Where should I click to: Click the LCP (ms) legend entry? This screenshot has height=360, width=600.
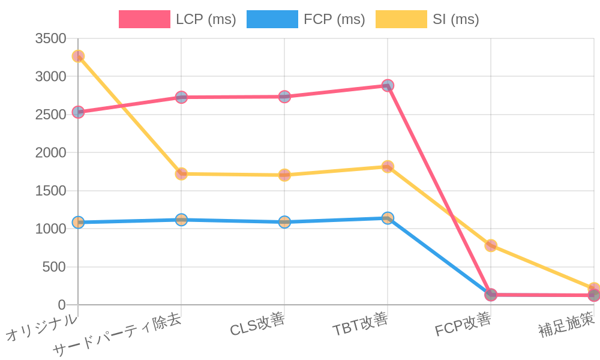[x=178, y=19]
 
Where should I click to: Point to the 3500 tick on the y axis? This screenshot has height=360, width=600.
[x=50, y=39]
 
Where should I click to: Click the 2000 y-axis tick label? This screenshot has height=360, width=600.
[x=50, y=153]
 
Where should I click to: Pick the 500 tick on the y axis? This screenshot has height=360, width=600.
[x=54, y=267]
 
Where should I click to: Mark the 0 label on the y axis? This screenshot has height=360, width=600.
[x=61, y=305]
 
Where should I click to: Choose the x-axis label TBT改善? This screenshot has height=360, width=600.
[x=360, y=325]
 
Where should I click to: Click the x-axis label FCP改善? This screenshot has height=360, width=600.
[x=463, y=325]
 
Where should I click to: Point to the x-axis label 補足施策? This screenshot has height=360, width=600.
[x=566, y=325]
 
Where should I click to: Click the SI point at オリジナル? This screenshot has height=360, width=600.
[x=78, y=56]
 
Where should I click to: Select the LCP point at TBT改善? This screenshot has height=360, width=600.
[x=388, y=85]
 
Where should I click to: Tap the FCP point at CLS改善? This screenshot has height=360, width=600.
[x=284, y=222]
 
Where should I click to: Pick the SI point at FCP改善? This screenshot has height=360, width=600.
[x=491, y=245]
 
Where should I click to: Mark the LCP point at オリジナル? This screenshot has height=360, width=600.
[x=78, y=112]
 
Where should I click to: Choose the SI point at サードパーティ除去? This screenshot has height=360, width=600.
[x=181, y=174]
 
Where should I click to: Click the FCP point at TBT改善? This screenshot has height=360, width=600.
[x=388, y=218]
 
